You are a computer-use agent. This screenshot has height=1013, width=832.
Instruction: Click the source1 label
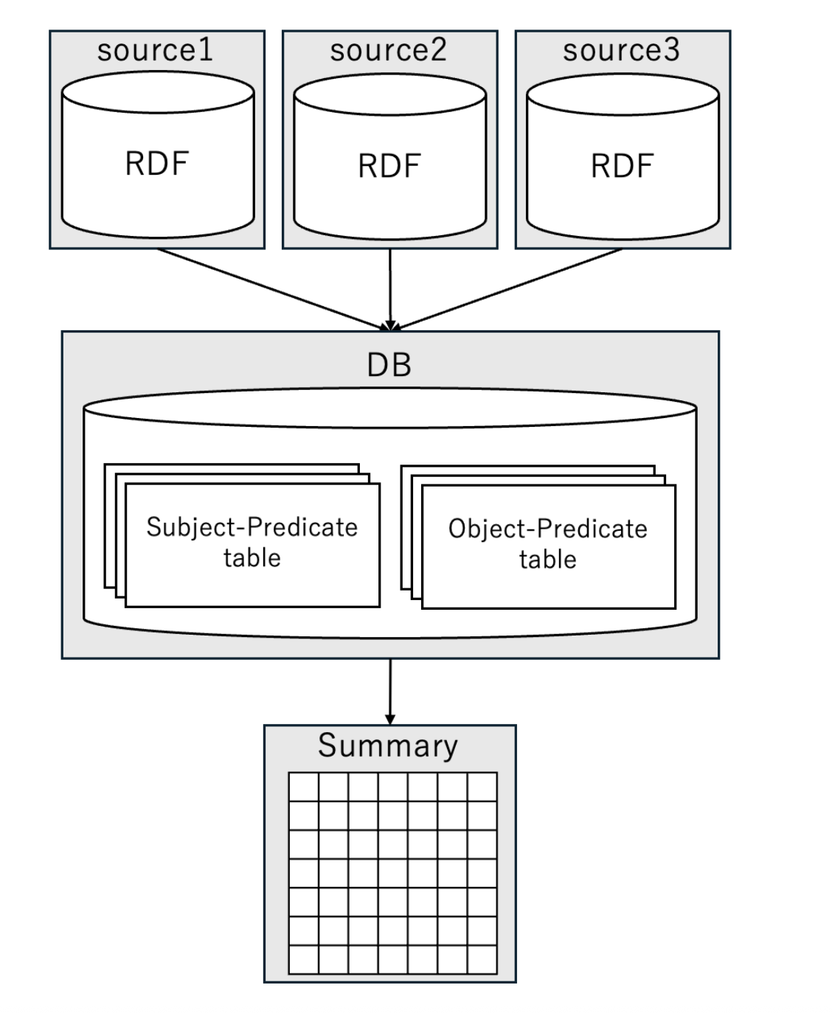pos(155,50)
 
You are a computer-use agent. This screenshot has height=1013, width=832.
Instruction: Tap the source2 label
pos(388,50)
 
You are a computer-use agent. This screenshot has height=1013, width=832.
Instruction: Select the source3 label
pos(621,50)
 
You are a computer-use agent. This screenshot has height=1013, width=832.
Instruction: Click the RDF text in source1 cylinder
pos(157,164)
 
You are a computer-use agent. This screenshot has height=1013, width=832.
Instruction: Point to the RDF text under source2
pos(389,166)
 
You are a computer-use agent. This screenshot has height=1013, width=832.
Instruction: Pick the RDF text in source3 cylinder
pos(622,166)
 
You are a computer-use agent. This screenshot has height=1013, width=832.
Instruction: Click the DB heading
pos(389,365)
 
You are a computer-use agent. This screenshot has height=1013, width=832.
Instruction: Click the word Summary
pos(388,745)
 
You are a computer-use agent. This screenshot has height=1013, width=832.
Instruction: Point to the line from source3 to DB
pos(509,288)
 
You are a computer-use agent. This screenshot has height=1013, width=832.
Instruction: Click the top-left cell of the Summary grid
pos(303,787)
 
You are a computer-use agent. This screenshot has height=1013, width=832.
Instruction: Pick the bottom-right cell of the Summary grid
pos(482,959)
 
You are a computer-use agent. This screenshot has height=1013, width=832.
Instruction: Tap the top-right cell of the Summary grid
pos(482,787)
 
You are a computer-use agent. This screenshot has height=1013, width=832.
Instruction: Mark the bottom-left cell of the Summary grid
pos(303,959)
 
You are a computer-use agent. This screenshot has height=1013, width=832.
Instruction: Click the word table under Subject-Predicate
pos(252,558)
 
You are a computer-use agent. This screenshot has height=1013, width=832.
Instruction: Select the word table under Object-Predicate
pos(548,560)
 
